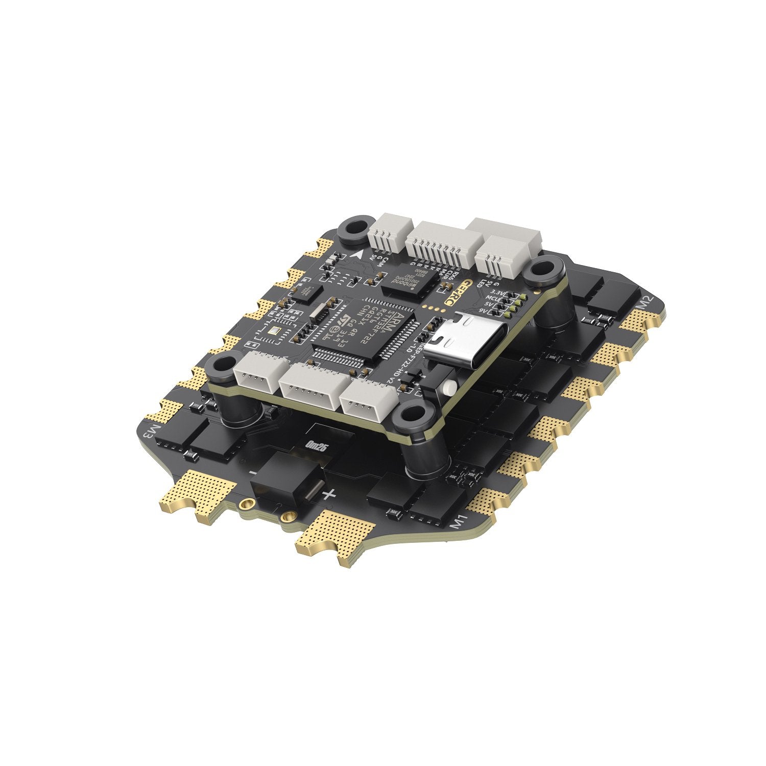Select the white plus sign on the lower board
(329, 493)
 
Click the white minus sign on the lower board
(253, 473)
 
